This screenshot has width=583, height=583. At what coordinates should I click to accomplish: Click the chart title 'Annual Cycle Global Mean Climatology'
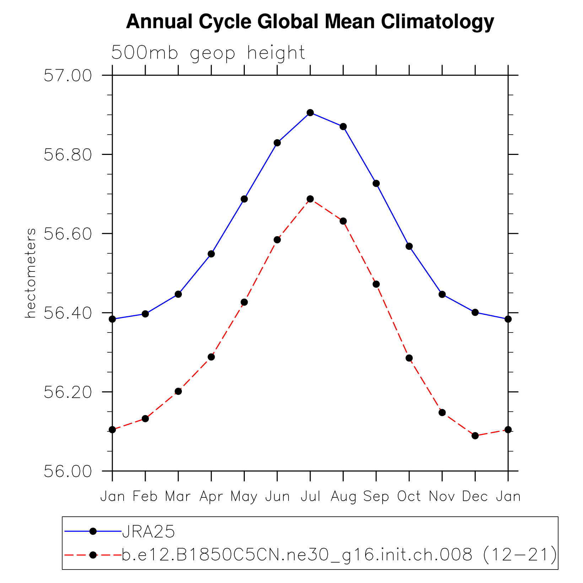310,22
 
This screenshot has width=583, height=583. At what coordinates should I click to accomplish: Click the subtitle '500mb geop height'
208,53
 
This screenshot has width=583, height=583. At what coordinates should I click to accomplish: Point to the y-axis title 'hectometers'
31,273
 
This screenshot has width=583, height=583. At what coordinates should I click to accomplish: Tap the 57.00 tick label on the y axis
68,76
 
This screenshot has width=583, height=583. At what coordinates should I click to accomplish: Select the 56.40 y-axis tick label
68,313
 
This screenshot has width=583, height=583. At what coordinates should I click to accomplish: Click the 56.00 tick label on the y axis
68,471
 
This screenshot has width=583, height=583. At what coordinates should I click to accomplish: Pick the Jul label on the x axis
310,496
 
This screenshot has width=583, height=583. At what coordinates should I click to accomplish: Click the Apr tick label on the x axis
211,496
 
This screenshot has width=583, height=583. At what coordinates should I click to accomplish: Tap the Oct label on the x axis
409,496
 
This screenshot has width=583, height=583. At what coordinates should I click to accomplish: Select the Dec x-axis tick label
475,496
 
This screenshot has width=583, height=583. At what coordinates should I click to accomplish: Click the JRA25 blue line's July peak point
310,113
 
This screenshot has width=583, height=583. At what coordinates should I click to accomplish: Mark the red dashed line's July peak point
310,199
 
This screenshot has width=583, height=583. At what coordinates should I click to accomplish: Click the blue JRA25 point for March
178,294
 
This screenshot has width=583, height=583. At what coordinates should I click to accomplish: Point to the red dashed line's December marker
475,436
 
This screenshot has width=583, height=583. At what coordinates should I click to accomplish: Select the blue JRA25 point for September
376,183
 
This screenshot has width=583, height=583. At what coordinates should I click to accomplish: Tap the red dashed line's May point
244,302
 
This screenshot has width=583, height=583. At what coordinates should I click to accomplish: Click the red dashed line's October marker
409,358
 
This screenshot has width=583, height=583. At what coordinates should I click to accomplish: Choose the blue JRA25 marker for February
145,314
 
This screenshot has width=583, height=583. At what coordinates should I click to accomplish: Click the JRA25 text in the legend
149,531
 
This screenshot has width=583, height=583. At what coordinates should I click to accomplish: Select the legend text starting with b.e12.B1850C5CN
339,555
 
